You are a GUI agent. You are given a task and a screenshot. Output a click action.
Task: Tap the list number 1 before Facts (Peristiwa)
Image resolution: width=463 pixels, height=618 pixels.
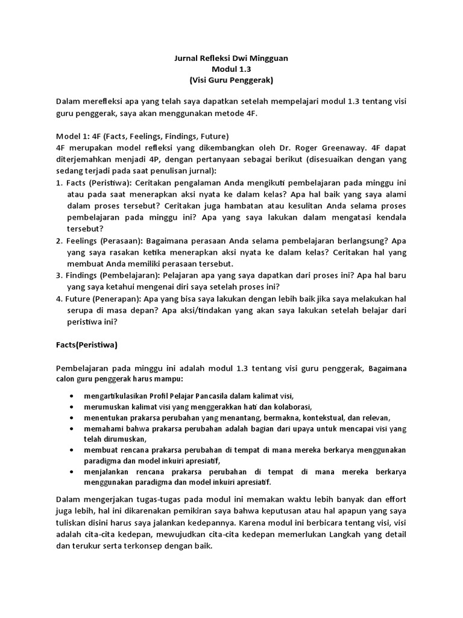click(58, 182)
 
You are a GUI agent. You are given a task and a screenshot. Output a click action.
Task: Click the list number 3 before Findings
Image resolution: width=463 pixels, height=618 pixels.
click(58, 275)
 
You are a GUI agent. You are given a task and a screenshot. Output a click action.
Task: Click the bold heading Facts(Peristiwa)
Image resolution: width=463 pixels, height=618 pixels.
click(87, 345)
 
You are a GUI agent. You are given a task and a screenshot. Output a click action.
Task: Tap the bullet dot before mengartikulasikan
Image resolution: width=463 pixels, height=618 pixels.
click(72, 396)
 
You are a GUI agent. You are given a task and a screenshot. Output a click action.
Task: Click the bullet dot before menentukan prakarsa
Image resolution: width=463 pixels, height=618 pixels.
click(72, 418)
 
